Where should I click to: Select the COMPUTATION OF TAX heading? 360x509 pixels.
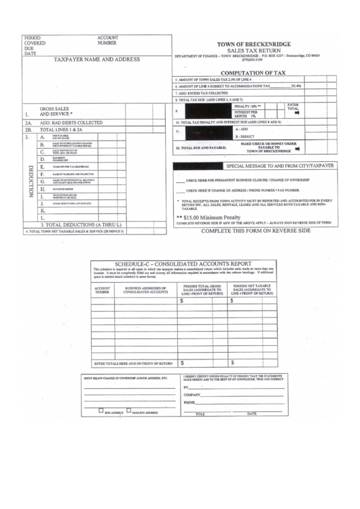pos(253,71)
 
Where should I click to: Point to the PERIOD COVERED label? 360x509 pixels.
pos(33,41)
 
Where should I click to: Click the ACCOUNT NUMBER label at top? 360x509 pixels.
pos(108,39)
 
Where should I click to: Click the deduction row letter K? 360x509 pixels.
pos(43,211)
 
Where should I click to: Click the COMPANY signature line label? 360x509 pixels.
pos(195,394)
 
